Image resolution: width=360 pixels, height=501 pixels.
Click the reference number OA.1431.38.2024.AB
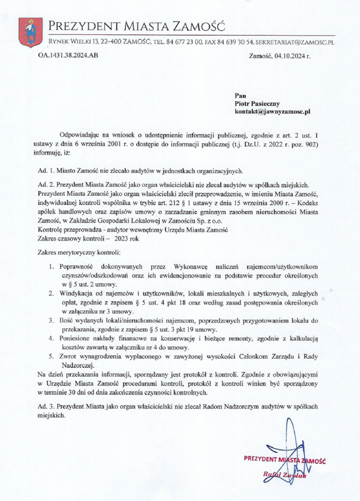point(68,55)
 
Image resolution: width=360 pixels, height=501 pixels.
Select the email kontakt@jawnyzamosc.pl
point(272,111)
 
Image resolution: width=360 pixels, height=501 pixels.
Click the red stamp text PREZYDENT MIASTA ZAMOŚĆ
point(285,460)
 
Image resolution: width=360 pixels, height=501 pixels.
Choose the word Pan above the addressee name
point(241,95)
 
